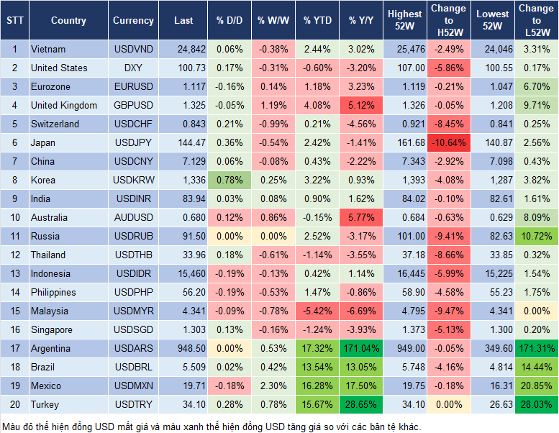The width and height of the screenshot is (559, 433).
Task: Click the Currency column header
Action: [133, 21]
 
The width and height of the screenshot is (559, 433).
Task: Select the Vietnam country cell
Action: [48, 49]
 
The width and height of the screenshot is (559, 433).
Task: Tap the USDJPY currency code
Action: [133, 142]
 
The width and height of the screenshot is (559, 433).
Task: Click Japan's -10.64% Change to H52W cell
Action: [448, 142]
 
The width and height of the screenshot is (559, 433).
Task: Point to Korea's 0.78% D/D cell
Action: [228, 180]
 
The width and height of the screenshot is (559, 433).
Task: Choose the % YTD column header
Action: [317, 21]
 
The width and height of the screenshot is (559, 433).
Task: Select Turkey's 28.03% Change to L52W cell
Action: [535, 404]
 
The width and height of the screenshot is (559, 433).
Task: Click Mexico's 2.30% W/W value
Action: [272, 386]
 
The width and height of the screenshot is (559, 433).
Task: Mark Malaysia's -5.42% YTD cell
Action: [317, 311]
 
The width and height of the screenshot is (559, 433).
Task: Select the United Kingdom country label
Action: [64, 105]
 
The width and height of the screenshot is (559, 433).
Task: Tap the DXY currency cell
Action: [133, 68]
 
